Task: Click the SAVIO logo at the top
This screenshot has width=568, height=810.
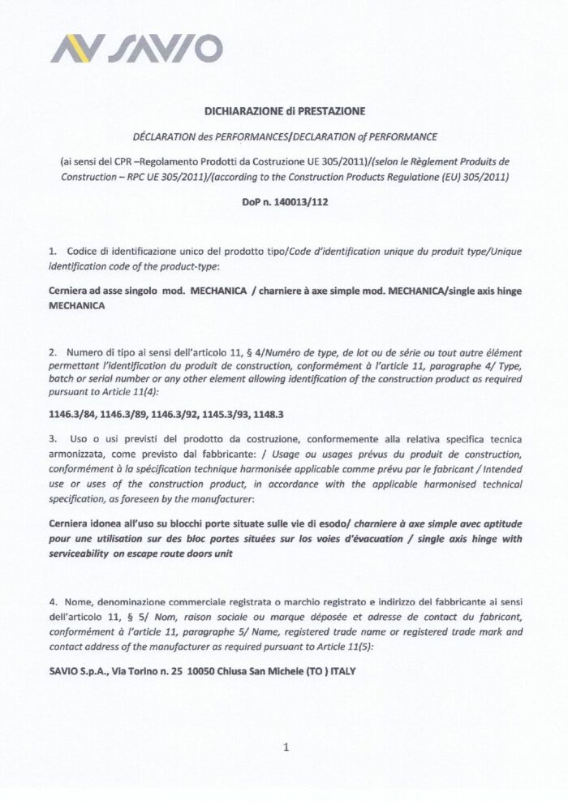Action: (136, 50)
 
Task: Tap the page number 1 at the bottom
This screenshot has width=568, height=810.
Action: (286, 747)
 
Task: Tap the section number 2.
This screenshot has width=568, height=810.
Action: (52, 351)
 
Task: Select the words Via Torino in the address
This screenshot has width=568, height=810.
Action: (138, 672)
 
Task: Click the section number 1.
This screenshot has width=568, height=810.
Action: (52, 252)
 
